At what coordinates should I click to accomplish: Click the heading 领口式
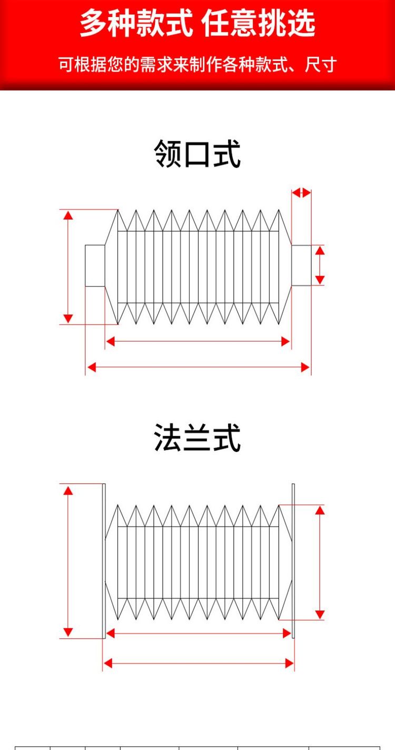pyautogui.click(x=197, y=154)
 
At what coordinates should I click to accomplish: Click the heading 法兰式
pyautogui.click(x=197, y=438)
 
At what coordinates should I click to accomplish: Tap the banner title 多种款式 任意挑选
pyautogui.click(x=197, y=23)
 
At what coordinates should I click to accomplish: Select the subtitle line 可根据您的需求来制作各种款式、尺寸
pyautogui.click(x=197, y=65)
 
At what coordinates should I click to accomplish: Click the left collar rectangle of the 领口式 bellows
pyautogui.click(x=95, y=266)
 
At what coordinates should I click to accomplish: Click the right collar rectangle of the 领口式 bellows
pyautogui.click(x=301, y=265)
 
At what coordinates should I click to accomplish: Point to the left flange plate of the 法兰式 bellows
pyautogui.click(x=104, y=561)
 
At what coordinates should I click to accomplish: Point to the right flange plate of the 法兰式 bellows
pyautogui.click(x=293, y=561)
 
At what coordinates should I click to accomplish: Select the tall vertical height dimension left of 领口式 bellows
pyautogui.click(x=68, y=267)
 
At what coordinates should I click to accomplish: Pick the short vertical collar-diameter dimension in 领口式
pyautogui.click(x=320, y=265)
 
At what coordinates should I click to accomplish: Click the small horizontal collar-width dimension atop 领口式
pyautogui.click(x=301, y=193)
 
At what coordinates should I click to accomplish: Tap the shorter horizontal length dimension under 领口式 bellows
pyautogui.click(x=198, y=341)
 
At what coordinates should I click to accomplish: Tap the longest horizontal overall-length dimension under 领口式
pyautogui.click(x=198, y=367)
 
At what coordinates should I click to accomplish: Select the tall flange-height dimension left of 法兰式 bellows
pyautogui.click(x=68, y=561)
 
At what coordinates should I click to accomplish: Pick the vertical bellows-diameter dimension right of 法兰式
pyautogui.click(x=320, y=562)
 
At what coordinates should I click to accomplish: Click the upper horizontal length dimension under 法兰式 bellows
pyautogui.click(x=199, y=633)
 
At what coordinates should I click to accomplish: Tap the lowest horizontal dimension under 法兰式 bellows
pyautogui.click(x=199, y=663)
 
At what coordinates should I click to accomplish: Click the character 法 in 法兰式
pyautogui.click(x=168, y=438)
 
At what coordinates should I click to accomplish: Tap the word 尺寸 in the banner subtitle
pyautogui.click(x=321, y=65)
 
